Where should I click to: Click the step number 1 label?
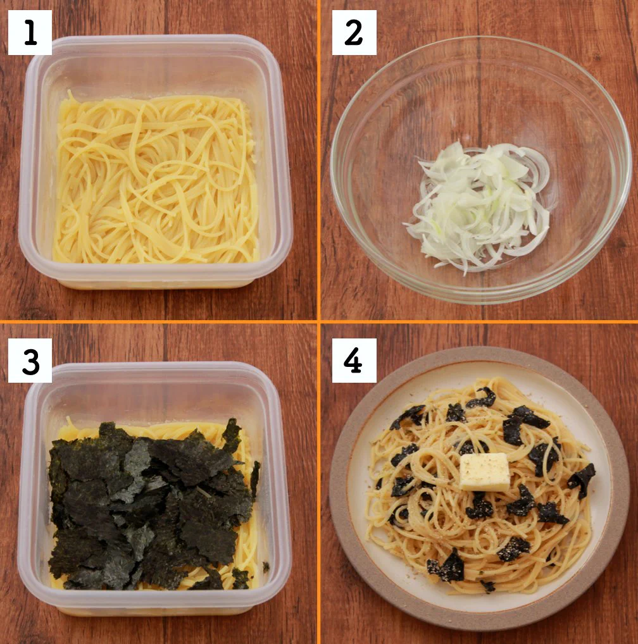[30, 32]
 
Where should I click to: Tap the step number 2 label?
[354, 32]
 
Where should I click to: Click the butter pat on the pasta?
[484, 471]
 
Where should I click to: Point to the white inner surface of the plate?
[570, 405]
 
